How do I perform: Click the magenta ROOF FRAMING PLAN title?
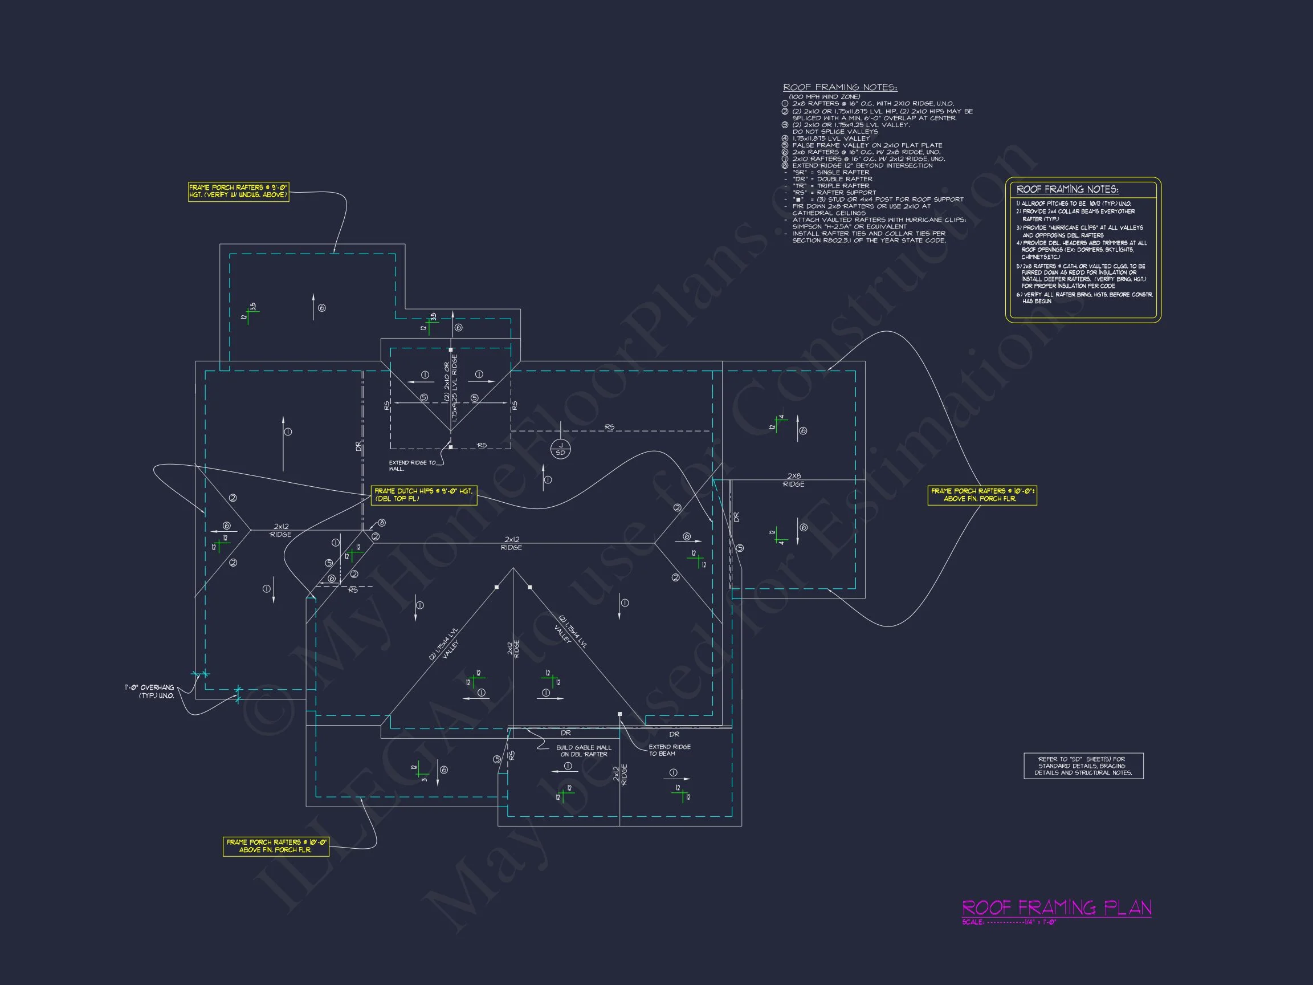coord(1056,908)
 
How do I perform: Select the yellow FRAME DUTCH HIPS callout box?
coord(424,495)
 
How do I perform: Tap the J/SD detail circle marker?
coord(560,449)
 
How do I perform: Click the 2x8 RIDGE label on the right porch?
coord(794,480)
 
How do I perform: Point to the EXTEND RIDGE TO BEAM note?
coord(669,750)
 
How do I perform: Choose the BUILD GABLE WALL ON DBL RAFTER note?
coord(584,751)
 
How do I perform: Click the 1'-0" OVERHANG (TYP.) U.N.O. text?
coord(150,691)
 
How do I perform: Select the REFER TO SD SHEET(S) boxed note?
coord(1083,766)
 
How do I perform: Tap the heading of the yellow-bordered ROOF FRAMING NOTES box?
coord(1067,189)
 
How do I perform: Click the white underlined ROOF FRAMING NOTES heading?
coord(840,87)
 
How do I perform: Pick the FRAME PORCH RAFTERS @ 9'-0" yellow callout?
coord(238,191)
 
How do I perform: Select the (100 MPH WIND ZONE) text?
coord(824,97)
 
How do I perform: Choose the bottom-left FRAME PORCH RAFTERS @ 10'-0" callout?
coord(276,845)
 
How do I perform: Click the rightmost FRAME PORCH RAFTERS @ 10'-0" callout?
coord(982,495)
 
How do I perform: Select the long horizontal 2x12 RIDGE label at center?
coord(512,543)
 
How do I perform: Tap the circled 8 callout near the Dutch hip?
coord(382,523)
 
